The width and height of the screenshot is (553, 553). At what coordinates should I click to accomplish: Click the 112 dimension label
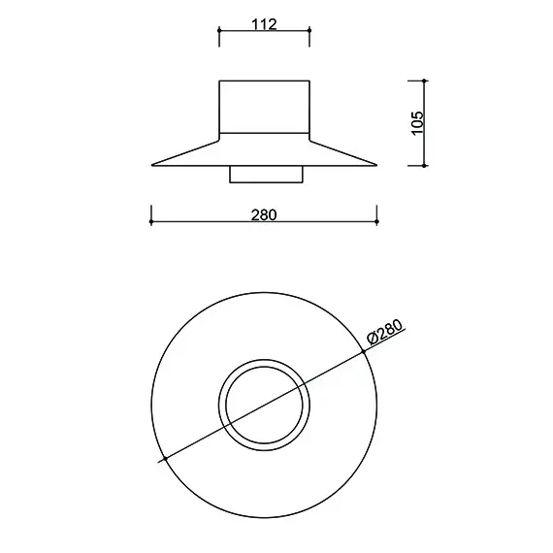pyautogui.click(x=264, y=24)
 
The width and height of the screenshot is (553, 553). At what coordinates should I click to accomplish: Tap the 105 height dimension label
pyautogui.click(x=417, y=123)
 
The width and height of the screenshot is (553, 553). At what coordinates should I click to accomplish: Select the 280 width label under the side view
pyautogui.click(x=264, y=214)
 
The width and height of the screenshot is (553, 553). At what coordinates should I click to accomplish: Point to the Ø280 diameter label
pyautogui.click(x=384, y=331)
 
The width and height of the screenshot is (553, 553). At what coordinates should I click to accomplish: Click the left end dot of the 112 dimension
pyautogui.click(x=219, y=31)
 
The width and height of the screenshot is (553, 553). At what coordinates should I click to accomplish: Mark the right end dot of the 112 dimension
pyautogui.click(x=309, y=31)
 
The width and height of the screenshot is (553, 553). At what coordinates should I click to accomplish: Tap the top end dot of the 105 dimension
pyautogui.click(x=424, y=81)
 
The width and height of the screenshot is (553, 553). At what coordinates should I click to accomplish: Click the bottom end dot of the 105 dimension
pyautogui.click(x=424, y=165)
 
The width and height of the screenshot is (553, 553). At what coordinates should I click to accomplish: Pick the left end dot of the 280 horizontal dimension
pyautogui.click(x=151, y=222)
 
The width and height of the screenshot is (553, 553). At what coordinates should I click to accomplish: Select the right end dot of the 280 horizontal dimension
pyautogui.click(x=377, y=222)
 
